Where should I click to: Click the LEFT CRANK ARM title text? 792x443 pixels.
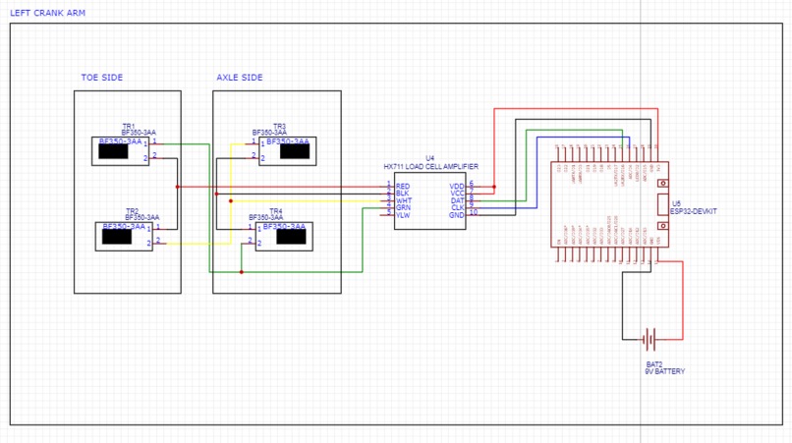click(46, 14)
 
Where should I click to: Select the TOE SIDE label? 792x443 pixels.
click(102, 78)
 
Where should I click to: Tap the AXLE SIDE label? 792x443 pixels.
click(240, 78)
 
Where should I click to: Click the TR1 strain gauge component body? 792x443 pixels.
click(120, 149)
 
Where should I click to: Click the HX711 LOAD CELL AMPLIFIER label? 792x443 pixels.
click(430, 167)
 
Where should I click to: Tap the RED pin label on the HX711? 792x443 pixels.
click(403, 186)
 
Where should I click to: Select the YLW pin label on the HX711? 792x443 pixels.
click(403, 215)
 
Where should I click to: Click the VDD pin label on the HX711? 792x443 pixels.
click(457, 186)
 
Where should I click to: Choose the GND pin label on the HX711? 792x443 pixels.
click(457, 215)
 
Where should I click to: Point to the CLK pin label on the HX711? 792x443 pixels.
click(457, 207)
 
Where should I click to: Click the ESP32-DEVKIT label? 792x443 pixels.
click(693, 210)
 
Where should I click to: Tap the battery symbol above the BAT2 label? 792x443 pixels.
click(649, 340)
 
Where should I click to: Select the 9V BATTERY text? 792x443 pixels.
click(664, 372)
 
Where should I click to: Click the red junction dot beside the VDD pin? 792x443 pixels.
click(494, 187)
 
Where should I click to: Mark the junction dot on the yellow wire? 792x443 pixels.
click(230, 201)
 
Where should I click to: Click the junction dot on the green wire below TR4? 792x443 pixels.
click(242, 272)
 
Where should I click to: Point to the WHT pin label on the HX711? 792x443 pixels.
click(403, 200)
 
